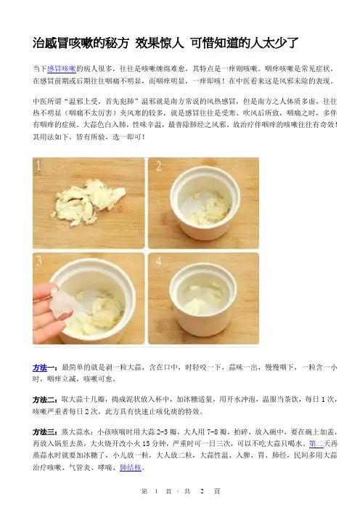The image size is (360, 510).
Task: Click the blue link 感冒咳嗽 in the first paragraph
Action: pos(62,68)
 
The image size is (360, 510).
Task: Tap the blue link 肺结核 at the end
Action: pos(131,468)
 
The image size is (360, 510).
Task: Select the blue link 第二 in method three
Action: pos(316,444)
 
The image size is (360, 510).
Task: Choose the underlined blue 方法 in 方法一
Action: pos(40,368)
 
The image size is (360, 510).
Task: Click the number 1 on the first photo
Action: pos(38,166)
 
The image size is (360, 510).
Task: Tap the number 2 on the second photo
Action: pos(158,166)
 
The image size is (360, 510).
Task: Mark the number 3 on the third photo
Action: pos(39,261)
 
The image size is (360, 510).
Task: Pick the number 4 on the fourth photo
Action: pos(158,262)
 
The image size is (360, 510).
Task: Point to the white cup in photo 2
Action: pos(205,206)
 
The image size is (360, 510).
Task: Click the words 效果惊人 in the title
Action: pos(160,43)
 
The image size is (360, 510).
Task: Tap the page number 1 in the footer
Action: pos(156,491)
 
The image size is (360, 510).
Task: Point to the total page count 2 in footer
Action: pos(202,491)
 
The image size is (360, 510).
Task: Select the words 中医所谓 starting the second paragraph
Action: pos(46,101)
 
